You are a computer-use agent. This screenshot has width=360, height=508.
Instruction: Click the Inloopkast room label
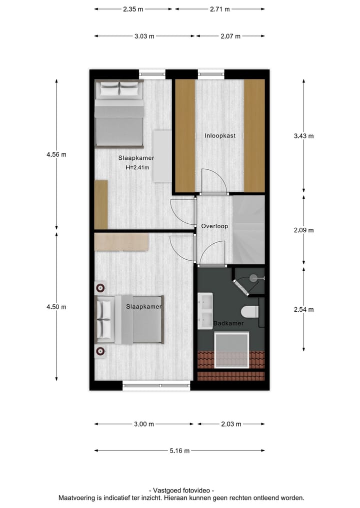click(219, 135)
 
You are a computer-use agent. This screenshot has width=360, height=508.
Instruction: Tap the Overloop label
click(214, 226)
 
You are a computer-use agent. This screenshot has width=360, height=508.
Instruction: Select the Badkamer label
click(228, 323)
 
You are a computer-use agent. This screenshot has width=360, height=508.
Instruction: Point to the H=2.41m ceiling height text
click(137, 168)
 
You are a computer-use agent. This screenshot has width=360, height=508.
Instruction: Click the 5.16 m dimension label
click(179, 451)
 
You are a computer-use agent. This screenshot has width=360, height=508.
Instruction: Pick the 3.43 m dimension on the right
click(303, 136)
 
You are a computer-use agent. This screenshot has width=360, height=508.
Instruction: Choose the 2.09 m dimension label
click(303, 230)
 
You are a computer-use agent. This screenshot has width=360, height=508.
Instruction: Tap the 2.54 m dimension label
click(303, 309)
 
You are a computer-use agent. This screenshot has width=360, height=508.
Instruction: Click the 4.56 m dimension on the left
click(56, 154)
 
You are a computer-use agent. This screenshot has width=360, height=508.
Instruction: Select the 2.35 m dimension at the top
click(133, 9)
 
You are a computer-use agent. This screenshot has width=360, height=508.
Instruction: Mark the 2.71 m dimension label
click(219, 9)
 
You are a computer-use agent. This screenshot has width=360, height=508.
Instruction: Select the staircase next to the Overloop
click(248, 229)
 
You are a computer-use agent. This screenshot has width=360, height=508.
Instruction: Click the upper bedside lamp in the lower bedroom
click(100, 287)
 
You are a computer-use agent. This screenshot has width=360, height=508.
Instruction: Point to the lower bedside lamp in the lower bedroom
click(100, 351)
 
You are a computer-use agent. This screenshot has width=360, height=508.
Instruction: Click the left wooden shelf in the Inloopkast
click(184, 135)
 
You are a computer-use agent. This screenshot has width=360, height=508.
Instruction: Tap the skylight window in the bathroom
click(231, 350)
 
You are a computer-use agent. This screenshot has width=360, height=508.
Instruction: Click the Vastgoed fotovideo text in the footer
click(181, 491)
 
